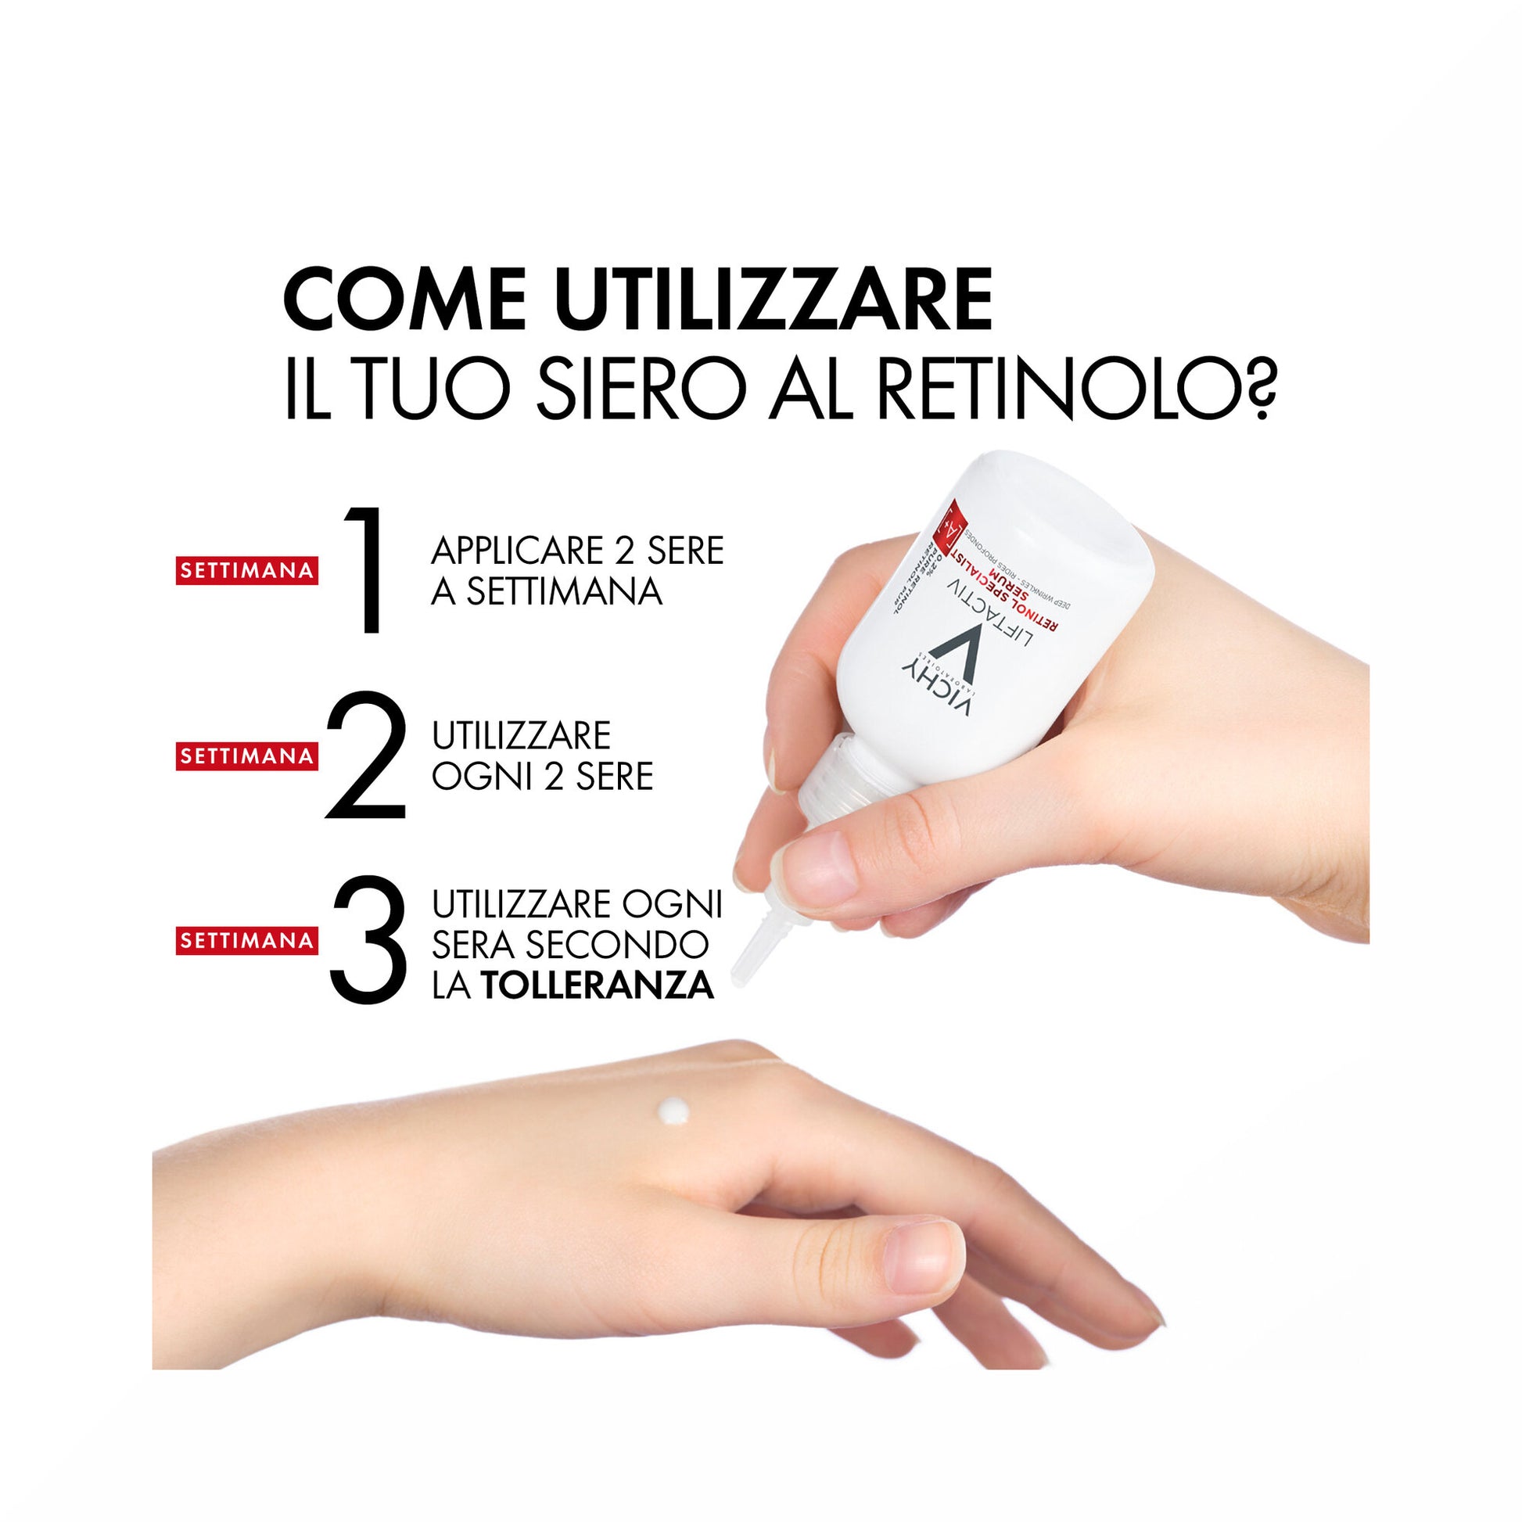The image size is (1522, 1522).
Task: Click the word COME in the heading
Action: (404, 300)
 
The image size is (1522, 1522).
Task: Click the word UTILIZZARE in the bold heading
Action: (773, 300)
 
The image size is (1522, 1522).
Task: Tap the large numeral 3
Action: (368, 940)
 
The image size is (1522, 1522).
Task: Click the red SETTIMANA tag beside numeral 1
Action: (246, 570)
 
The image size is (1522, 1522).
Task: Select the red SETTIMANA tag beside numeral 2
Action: (246, 756)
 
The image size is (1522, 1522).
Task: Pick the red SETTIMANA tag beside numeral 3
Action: (246, 941)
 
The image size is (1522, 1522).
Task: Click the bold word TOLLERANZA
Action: (597, 986)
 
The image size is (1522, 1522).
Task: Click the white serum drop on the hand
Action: (673, 1111)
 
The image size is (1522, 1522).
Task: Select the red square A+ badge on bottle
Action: (949, 523)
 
